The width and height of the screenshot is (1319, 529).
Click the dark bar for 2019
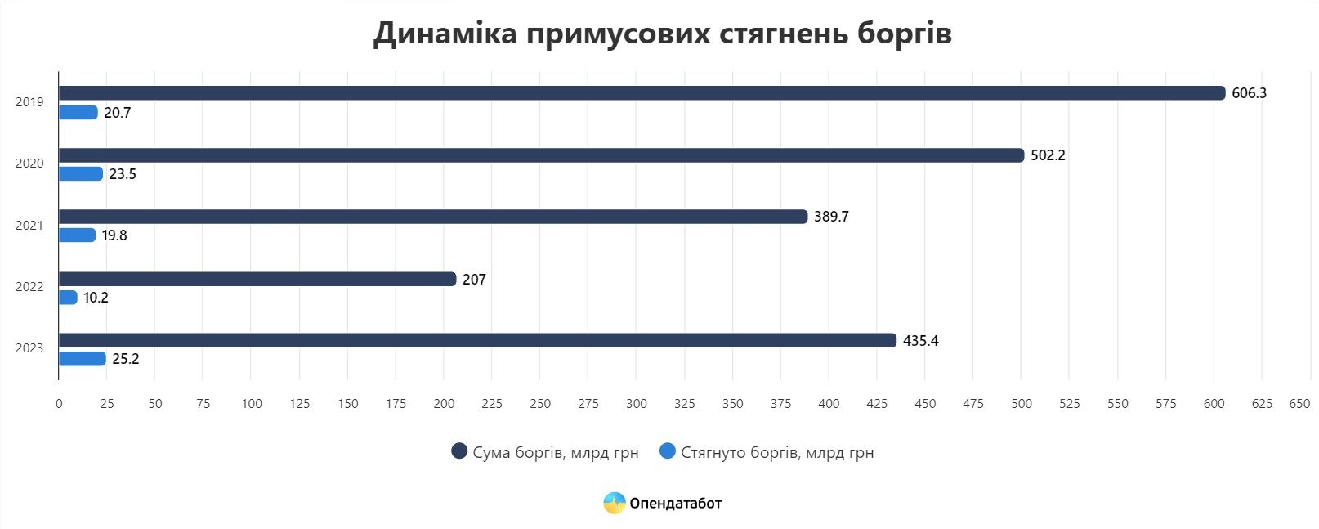pyautogui.click(x=642, y=93)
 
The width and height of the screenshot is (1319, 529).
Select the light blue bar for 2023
pyautogui.click(x=82, y=359)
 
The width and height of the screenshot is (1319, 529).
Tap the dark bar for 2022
pyautogui.click(x=257, y=279)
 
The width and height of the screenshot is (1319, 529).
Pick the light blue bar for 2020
pyautogui.click(x=80, y=174)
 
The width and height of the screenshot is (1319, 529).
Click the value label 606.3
pyautogui.click(x=1249, y=93)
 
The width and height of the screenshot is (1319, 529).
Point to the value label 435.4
pyautogui.click(x=920, y=341)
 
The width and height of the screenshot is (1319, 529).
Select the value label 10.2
pyautogui.click(x=96, y=298)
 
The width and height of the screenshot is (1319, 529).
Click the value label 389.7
pyautogui.click(x=831, y=217)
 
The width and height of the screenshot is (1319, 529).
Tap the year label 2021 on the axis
pyautogui.click(x=29, y=226)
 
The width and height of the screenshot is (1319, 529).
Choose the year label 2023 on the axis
pyautogui.click(x=29, y=348)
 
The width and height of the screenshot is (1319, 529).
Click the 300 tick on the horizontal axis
pyautogui.click(x=636, y=403)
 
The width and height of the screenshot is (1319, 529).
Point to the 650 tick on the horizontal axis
pyautogui.click(x=1299, y=403)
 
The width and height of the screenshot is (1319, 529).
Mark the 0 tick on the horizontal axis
pyautogui.click(x=59, y=403)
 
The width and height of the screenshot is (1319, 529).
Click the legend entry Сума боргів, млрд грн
pyautogui.click(x=545, y=452)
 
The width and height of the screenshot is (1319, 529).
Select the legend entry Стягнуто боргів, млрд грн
pyautogui.click(x=766, y=452)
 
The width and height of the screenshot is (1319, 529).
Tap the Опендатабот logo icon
pyautogui.click(x=614, y=503)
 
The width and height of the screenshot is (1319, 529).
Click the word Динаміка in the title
pyautogui.click(x=445, y=34)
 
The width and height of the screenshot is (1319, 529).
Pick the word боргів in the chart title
pyautogui.click(x=905, y=34)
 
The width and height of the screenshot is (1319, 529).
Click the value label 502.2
pyautogui.click(x=1048, y=155)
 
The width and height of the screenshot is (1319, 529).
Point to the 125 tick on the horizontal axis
pyautogui.click(x=299, y=403)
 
